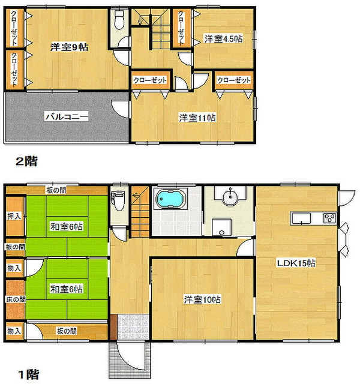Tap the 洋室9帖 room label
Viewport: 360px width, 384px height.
pos(70,47)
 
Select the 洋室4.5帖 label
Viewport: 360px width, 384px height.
pos(224,39)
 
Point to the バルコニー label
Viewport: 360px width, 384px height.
pos(67,116)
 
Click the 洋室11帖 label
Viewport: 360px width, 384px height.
pos(197,118)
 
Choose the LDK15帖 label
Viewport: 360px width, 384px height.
pos(296,263)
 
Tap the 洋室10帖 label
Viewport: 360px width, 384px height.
pos(202,299)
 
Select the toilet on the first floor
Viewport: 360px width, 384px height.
pos(118,201)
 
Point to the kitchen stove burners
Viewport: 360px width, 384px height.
pos(329,218)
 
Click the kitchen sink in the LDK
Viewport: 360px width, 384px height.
pos(301,218)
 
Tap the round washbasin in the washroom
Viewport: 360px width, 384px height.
pos(230,197)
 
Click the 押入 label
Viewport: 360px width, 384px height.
pos(14,216)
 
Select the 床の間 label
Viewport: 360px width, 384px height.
pos(16,299)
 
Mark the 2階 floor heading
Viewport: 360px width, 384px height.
pos(26,161)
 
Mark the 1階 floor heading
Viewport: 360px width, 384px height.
pos(29,374)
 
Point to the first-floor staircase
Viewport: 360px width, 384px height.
pos(140,212)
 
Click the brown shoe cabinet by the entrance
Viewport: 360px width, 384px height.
pos(113,327)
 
